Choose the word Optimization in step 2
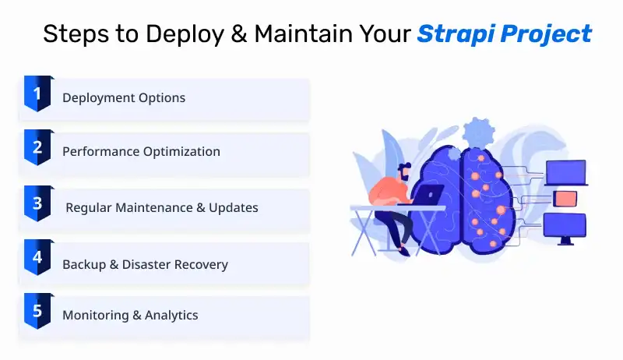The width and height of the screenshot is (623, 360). coord(181,151)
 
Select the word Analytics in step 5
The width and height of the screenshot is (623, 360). coord(171,315)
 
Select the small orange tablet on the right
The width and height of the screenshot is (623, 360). coord(565,199)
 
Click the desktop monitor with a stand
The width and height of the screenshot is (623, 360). coord(565,228)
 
